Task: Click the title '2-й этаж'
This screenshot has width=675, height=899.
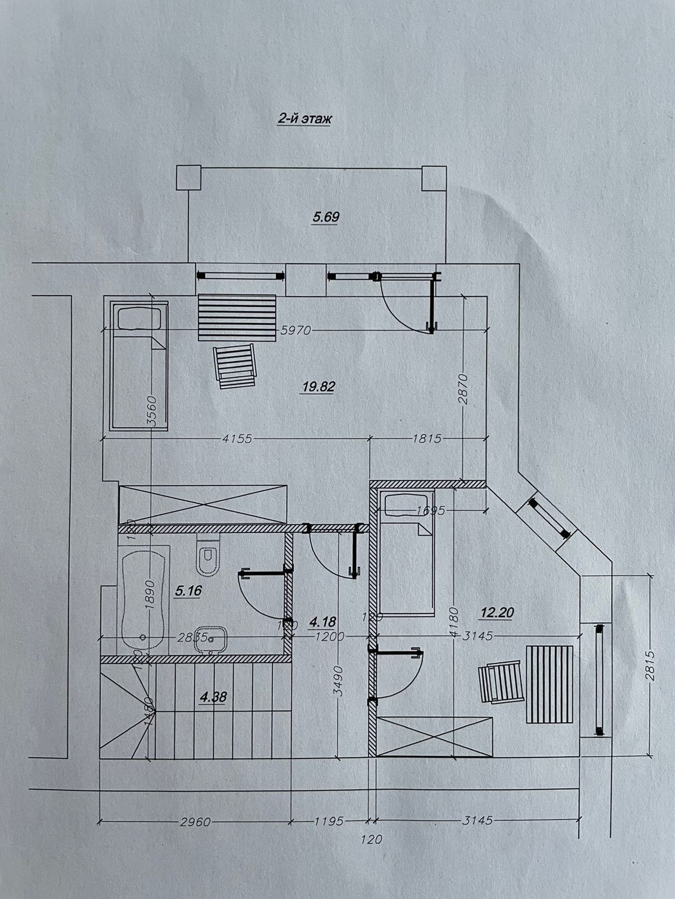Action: click(x=304, y=119)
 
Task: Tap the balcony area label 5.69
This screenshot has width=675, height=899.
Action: click(x=326, y=217)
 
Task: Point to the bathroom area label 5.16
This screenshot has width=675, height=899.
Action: click(x=188, y=591)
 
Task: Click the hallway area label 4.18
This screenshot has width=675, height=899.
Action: click(x=323, y=622)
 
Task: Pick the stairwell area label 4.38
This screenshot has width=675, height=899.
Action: click(x=213, y=697)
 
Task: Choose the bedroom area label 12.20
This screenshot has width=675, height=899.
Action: click(x=498, y=612)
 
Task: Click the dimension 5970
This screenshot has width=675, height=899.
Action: click(x=295, y=330)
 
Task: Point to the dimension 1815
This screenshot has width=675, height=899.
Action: click(x=427, y=438)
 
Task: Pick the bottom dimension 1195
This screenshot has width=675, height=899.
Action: click(x=328, y=821)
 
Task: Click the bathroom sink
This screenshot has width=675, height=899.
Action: click(x=210, y=639)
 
